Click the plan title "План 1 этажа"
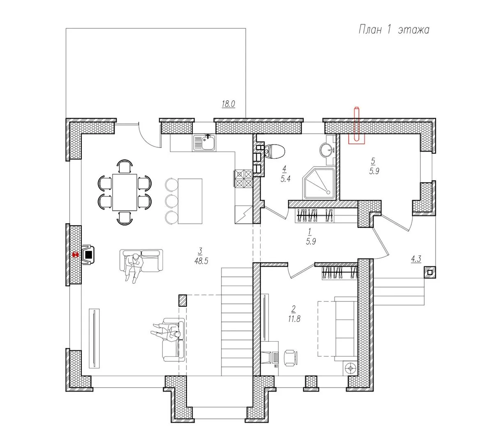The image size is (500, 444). click(394, 30)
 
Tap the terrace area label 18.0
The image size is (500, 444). click(228, 104)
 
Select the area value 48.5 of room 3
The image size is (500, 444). click(201, 261)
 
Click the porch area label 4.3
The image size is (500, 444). click(416, 259)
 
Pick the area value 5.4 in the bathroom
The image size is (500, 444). click(286, 179)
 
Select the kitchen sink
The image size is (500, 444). click(204, 143)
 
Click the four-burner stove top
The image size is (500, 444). click(244, 178)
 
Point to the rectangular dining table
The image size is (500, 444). click(125, 192)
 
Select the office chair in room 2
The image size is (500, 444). click(291, 358)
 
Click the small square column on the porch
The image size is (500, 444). click(430, 273)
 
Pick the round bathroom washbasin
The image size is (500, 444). click(328, 150)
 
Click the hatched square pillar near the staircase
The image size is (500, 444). click(183, 301)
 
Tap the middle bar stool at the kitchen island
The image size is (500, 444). click(172, 201)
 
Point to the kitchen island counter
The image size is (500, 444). click(190, 201)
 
